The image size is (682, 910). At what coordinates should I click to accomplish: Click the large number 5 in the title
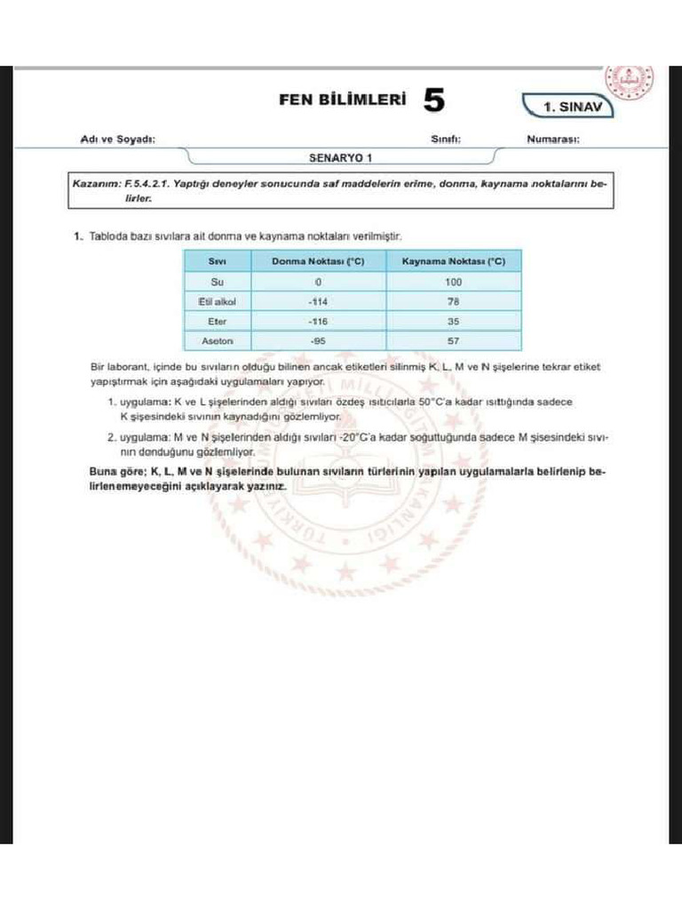click(433, 100)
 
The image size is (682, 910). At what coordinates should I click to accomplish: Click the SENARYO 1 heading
click(341, 157)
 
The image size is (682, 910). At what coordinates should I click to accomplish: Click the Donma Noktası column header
click(317, 261)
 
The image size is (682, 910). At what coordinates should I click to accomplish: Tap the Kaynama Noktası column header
click(454, 261)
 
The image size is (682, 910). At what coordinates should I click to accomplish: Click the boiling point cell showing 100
click(454, 282)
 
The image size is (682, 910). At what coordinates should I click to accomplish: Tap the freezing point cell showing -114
click(317, 301)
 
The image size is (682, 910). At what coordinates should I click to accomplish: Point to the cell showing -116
click(317, 321)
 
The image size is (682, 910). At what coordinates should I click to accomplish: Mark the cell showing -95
click(317, 340)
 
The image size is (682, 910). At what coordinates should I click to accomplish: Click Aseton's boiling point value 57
click(454, 340)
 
